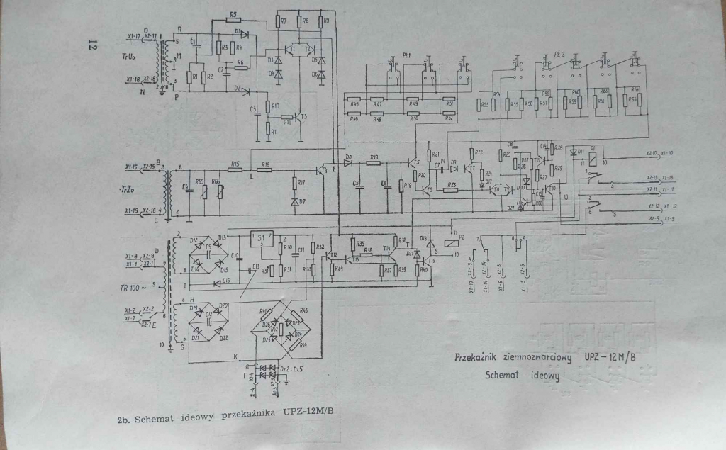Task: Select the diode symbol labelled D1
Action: pos(244,33)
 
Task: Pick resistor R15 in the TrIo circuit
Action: pos(236,171)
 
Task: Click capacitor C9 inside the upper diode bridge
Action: pos(209,252)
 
